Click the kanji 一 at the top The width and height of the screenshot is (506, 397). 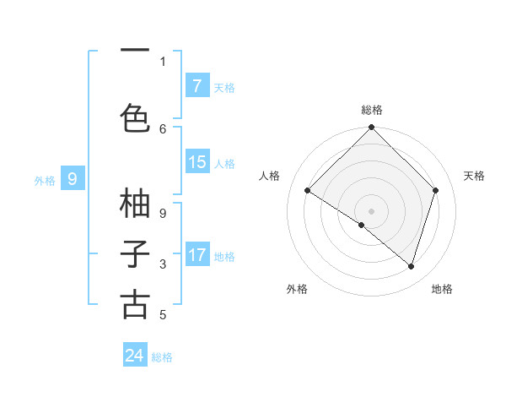tap(135, 50)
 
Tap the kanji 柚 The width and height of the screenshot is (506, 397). tap(135, 204)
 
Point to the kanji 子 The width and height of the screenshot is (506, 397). tap(135, 254)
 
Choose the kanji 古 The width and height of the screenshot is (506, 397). tap(135, 305)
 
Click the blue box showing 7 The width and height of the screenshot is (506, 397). tap(196, 86)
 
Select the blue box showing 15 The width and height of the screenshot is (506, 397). tap(196, 162)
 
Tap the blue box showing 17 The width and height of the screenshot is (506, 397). tap(196, 255)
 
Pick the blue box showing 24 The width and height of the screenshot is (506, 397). tap(135, 356)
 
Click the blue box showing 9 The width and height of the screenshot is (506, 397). tap(73, 179)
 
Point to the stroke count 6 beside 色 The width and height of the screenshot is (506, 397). tap(163, 128)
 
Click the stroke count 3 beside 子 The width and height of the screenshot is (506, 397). tap(163, 264)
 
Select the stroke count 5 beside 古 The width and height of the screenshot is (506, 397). tap(163, 315)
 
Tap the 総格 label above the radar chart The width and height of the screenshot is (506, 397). tap(371, 110)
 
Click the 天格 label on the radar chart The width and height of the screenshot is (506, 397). tap(474, 176)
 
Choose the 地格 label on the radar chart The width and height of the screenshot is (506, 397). tap(442, 289)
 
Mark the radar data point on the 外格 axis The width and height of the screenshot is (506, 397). tap(362, 225)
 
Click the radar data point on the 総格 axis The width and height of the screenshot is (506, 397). tap(371, 128)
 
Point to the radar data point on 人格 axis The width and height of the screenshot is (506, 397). tap(308, 191)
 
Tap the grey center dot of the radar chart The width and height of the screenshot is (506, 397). tap(371, 210)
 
